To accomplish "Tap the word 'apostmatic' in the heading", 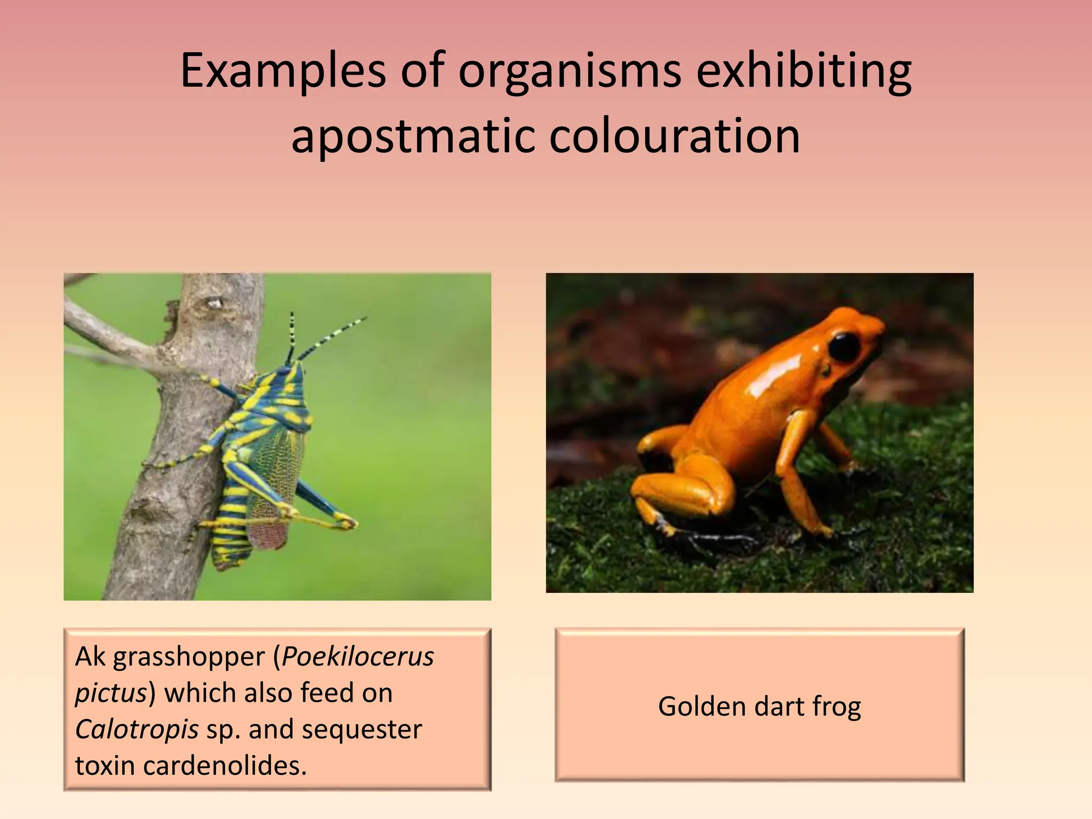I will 412,136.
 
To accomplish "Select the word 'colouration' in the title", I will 675,136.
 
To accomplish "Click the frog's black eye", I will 845,347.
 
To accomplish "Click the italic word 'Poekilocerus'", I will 358,657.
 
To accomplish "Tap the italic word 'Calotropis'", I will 137,729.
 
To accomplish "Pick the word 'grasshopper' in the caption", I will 189,657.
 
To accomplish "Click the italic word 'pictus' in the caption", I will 110,693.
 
